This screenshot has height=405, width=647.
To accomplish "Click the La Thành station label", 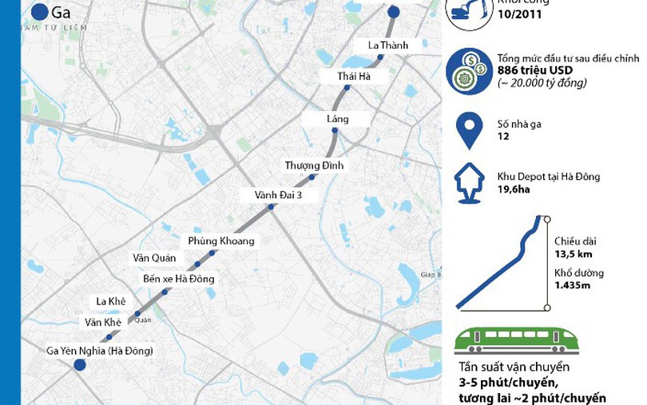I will pos(388,46).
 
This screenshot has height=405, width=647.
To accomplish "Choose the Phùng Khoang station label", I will pos(221,240).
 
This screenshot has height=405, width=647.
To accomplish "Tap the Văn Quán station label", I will pos(153,258).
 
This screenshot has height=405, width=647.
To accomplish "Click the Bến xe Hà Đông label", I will pos(178,279).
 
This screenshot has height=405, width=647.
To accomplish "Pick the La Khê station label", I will pos(112,301).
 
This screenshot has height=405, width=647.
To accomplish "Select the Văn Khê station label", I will pos(103,322).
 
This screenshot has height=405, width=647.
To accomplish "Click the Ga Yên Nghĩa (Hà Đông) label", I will pos(100,351).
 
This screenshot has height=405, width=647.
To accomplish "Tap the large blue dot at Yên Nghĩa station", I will pos(79,365).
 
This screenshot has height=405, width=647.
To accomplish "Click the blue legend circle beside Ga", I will pos(39,13).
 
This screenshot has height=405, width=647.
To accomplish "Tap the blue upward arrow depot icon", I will pos(467,183).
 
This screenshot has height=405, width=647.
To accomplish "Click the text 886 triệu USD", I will pos(528,70).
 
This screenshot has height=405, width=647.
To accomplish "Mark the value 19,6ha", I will pos(515,189).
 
